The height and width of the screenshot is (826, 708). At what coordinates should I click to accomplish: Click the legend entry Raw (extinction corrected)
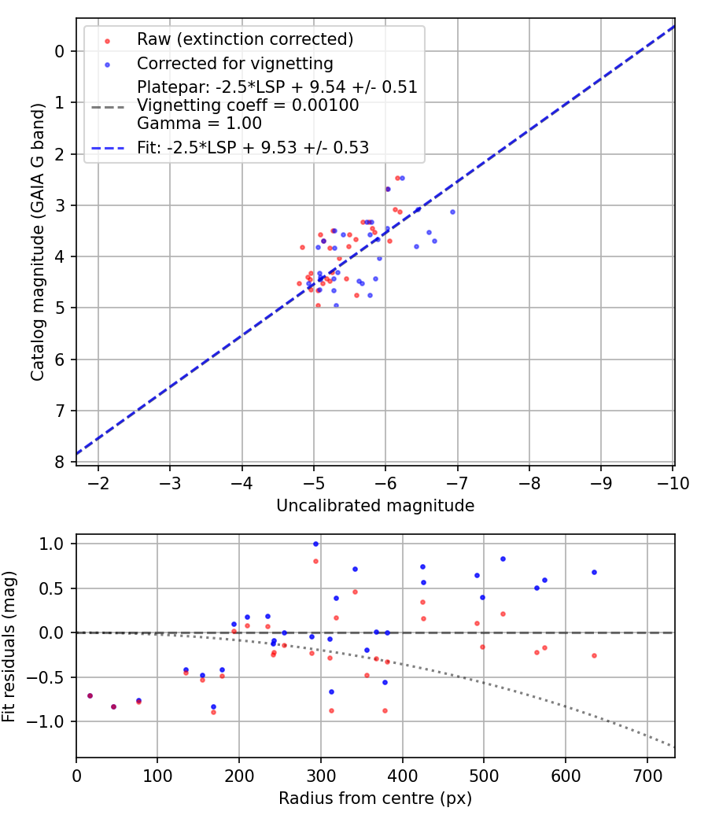coord(245,39)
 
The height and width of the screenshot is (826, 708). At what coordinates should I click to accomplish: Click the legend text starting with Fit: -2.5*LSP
coord(253,146)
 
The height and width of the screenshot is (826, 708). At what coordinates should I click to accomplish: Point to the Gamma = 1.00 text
coord(199,123)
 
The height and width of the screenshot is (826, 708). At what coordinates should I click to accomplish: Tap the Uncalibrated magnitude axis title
coord(375,506)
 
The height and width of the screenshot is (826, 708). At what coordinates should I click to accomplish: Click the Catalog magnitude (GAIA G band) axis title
coord(38,245)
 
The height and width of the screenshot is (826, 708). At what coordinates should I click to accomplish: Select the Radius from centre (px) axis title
coord(375,798)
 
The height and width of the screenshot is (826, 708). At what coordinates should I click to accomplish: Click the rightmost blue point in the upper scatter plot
coord(452,212)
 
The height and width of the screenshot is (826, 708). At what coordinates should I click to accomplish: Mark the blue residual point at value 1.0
coord(315,544)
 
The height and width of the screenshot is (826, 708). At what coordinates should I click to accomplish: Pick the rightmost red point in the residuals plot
coord(594,655)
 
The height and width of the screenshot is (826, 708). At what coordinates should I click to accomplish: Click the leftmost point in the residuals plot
coord(90,695)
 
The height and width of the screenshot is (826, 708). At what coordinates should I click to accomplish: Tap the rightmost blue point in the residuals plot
coord(594,572)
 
